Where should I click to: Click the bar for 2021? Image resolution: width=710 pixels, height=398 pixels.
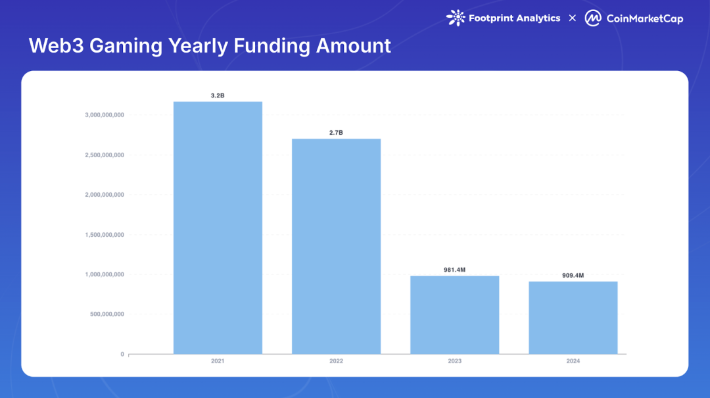[x=218, y=228]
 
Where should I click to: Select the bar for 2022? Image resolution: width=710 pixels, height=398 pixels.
[x=337, y=247]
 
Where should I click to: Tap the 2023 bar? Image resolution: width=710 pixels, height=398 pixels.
[x=455, y=315]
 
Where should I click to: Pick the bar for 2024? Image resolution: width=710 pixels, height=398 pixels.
[x=573, y=318]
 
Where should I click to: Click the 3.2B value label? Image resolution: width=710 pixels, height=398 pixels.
[x=218, y=95]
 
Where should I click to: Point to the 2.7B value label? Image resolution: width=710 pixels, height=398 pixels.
[x=336, y=133]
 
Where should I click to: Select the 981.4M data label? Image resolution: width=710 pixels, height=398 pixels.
[x=455, y=270]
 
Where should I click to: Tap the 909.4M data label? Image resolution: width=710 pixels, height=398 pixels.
[x=573, y=275]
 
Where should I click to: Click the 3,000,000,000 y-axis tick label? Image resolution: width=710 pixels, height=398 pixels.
[x=105, y=115]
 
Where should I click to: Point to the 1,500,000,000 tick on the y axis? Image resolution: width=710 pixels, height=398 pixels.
[x=105, y=235]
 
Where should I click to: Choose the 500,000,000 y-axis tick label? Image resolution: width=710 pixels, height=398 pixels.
[x=107, y=314]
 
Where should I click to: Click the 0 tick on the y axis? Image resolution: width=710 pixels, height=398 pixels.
[x=122, y=355]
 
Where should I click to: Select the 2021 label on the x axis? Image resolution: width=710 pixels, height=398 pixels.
[x=218, y=361]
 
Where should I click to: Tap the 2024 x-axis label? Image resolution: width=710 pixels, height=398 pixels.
[x=573, y=361]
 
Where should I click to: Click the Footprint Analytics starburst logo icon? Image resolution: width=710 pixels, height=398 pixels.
[x=456, y=18]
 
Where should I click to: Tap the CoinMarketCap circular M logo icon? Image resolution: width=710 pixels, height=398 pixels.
[x=593, y=18]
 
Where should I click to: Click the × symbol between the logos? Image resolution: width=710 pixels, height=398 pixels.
[x=573, y=18]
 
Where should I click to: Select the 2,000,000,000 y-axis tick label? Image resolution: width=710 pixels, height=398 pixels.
[x=105, y=195]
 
